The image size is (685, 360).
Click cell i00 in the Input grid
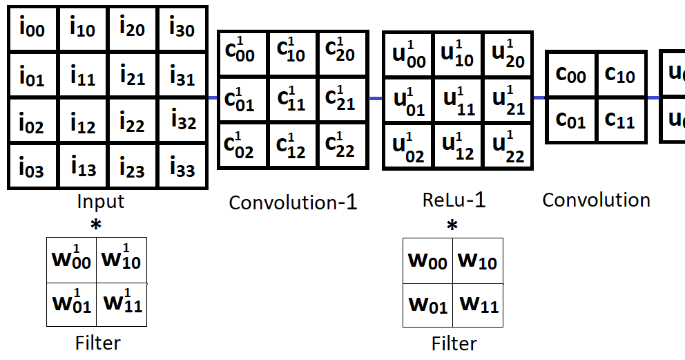(x=32, y=29)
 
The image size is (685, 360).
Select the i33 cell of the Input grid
(x=182, y=168)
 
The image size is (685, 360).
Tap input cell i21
(x=132, y=75)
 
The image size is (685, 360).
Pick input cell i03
(x=32, y=168)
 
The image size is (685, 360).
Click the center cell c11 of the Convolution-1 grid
(x=291, y=100)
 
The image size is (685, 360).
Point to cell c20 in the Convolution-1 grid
(x=340, y=52)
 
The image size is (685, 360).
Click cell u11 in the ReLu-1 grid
(x=457, y=101)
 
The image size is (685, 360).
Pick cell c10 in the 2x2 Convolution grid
(x=620, y=74)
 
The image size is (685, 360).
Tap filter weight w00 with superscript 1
(x=72, y=260)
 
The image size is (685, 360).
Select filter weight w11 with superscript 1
(x=122, y=303)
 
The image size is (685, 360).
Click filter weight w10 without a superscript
(x=478, y=260)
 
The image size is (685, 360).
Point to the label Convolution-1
(x=293, y=202)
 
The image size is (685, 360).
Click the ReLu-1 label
(x=454, y=200)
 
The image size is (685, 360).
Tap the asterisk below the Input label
(x=96, y=225)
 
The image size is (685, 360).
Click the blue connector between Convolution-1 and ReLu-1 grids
(x=375, y=99)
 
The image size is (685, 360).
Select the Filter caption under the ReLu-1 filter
(x=454, y=343)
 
